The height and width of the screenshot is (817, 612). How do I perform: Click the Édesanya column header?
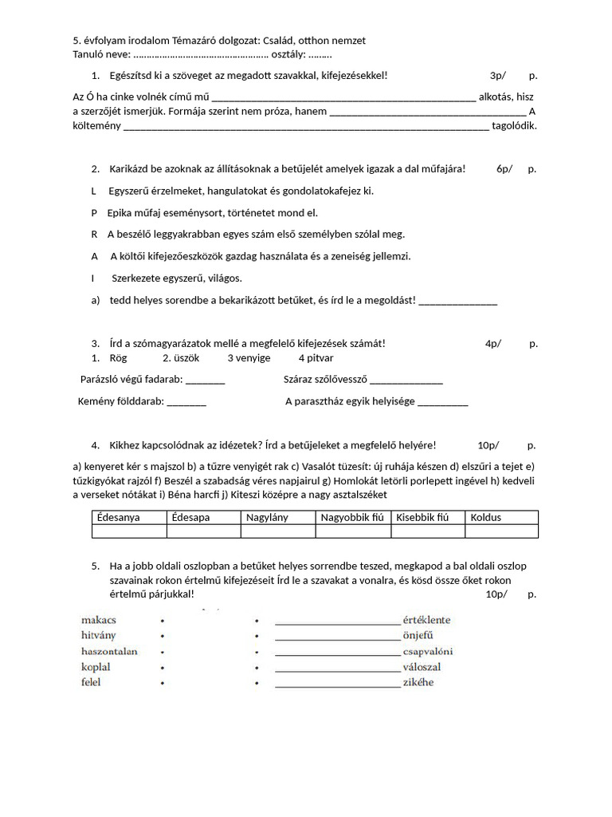(118, 517)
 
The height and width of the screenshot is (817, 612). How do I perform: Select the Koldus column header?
(486, 517)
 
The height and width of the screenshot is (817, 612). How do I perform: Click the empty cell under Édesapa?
(203, 531)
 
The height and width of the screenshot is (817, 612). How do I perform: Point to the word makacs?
(99, 619)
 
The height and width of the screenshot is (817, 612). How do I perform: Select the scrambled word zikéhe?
(418, 683)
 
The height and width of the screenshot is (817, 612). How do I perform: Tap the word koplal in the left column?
(96, 667)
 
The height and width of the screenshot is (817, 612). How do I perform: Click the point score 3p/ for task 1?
(498, 75)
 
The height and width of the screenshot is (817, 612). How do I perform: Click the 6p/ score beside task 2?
(504, 168)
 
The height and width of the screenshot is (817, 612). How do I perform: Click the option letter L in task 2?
(94, 191)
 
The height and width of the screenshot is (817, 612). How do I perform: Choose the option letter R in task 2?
(94, 235)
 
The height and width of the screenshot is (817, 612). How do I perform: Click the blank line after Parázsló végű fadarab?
(206, 381)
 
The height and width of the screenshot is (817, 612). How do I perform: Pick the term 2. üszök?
(181, 358)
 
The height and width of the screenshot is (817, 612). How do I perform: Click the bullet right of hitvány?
(163, 636)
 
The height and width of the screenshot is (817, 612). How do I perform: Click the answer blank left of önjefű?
(337, 637)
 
